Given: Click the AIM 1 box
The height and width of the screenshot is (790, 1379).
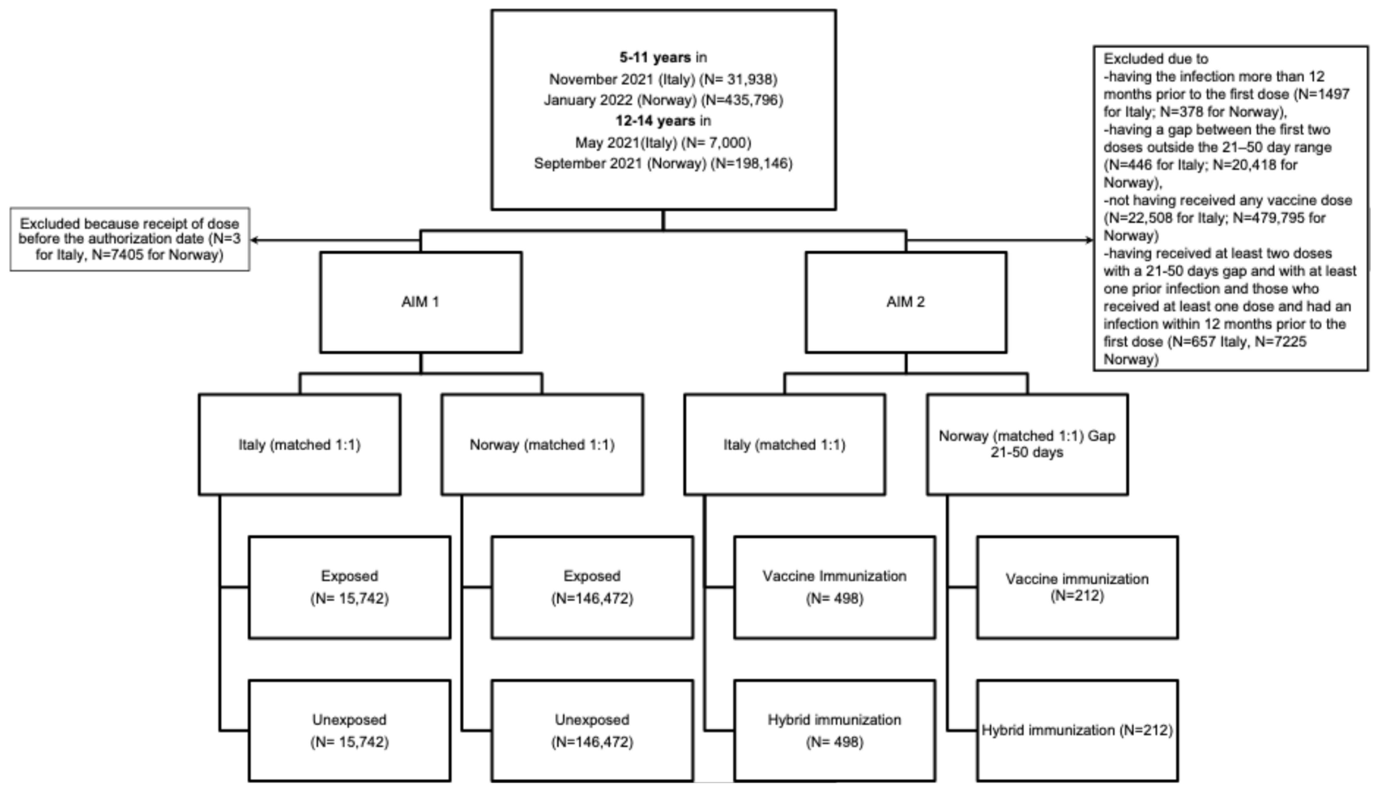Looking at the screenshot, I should [421, 302].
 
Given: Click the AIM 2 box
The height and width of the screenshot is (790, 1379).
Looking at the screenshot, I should [906, 302].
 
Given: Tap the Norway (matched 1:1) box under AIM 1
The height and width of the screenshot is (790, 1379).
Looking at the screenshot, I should [542, 445].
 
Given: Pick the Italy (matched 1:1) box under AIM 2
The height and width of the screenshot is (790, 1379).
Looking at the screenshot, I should [784, 445].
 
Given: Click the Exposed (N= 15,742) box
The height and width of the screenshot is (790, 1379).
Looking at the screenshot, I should [350, 587].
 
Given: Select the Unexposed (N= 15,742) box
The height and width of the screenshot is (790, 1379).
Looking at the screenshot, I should [350, 730].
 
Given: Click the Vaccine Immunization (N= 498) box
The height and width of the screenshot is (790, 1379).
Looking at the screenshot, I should [835, 587].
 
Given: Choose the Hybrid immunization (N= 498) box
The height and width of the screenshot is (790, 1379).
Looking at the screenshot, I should [835, 730].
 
